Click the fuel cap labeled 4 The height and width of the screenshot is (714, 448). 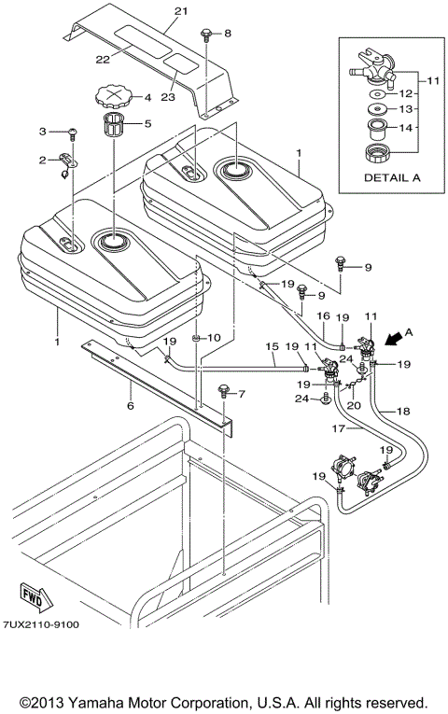tap(110, 96)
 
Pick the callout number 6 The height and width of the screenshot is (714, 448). tap(131, 405)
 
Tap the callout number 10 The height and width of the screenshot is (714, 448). tap(213, 337)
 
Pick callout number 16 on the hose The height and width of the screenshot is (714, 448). tap(323, 316)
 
